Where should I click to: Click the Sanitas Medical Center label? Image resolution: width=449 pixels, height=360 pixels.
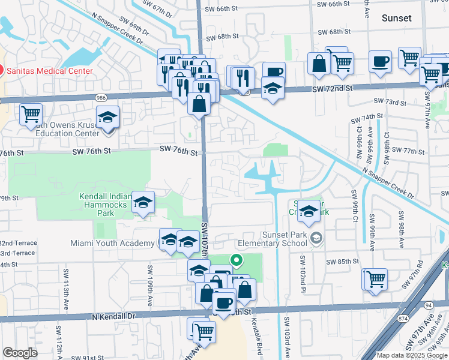click(x=49, y=71)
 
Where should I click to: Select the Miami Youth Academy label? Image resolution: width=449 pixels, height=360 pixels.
click(x=112, y=243)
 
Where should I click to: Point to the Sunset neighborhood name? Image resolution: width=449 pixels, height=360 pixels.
click(x=397, y=18)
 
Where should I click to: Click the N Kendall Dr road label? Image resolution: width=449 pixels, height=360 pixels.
click(x=115, y=316)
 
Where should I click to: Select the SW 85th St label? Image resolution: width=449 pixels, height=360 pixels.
click(x=343, y=262)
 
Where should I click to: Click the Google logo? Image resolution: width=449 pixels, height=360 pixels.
click(x=20, y=353)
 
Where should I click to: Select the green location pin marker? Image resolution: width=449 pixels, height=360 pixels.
click(x=237, y=260)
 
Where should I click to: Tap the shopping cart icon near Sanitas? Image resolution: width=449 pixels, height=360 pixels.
click(x=31, y=113)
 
